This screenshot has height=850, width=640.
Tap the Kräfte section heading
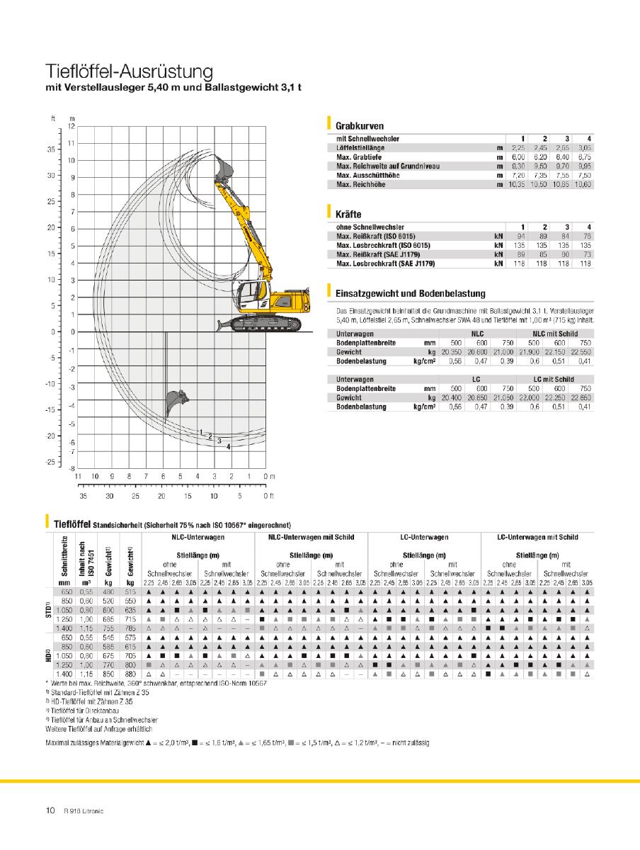(348, 212)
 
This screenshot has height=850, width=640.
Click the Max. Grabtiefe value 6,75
(585, 157)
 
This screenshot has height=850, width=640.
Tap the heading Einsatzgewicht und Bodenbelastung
(411, 293)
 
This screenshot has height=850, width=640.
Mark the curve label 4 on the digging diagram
(228, 447)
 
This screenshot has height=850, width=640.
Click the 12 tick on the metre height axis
(71, 126)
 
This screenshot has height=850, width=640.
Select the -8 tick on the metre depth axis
(71, 468)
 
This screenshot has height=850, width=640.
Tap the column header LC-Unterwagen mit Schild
(538, 538)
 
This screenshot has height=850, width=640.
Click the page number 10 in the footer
(50, 811)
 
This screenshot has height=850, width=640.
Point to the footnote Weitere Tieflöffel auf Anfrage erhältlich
(99, 728)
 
